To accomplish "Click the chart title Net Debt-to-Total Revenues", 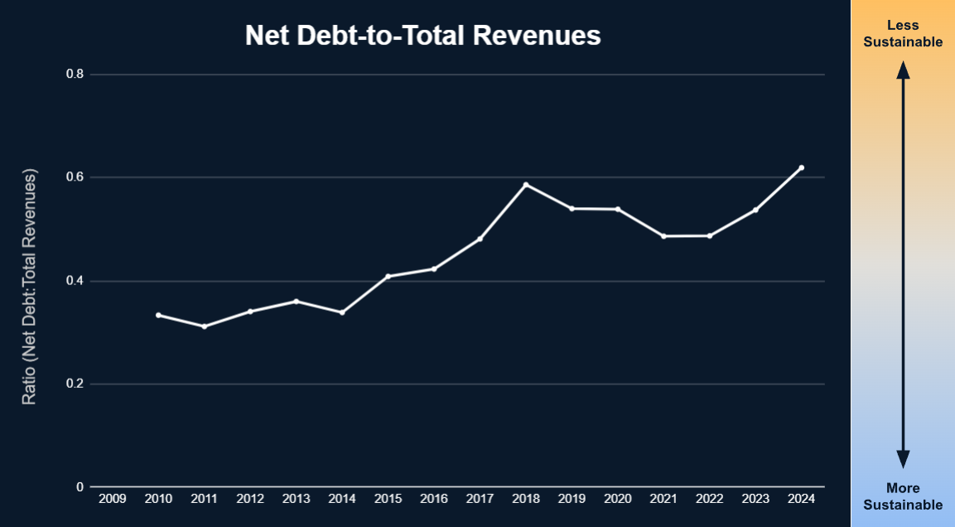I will pyautogui.click(x=422, y=36).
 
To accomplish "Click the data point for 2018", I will pyautogui.click(x=526, y=185).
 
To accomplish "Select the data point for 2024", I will pyautogui.click(x=802, y=168).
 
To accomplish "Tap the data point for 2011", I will pyautogui.click(x=204, y=326).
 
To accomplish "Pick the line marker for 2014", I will pyautogui.click(x=342, y=312).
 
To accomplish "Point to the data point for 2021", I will pyautogui.click(x=663, y=236).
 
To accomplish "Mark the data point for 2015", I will pyautogui.click(x=388, y=276).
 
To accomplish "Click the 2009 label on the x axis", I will pyautogui.click(x=112, y=499).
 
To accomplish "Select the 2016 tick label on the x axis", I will pyautogui.click(x=434, y=499).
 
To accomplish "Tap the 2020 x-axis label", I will pyautogui.click(x=618, y=499).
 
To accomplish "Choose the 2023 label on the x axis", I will pyautogui.click(x=755, y=499).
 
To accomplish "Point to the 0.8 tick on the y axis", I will pyautogui.click(x=75, y=75).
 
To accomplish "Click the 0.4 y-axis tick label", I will pyautogui.click(x=75, y=281).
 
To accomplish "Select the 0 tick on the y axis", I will pyautogui.click(x=80, y=487).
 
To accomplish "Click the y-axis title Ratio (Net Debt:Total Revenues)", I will pyautogui.click(x=30, y=287).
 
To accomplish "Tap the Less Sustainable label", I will pyautogui.click(x=903, y=34).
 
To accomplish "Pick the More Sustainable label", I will pyautogui.click(x=903, y=496).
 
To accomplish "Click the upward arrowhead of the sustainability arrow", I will pyautogui.click(x=903, y=70).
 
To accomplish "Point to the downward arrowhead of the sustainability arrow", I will pyautogui.click(x=903, y=459).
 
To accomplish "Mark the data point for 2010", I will pyautogui.click(x=158, y=315).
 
